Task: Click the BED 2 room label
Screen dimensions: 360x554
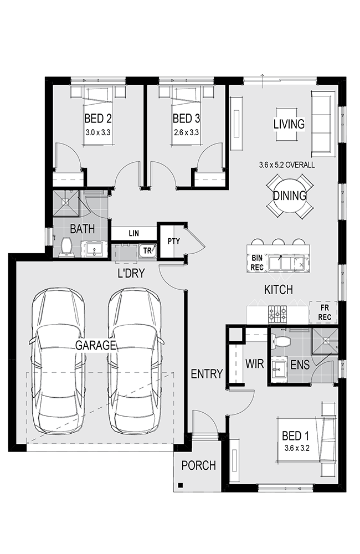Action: coord(98,118)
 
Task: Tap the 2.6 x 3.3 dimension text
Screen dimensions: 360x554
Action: coord(186,133)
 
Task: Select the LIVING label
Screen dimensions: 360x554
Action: coord(289,124)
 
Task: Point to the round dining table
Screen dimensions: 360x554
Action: coord(290,196)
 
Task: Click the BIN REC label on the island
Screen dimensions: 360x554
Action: coord(257,263)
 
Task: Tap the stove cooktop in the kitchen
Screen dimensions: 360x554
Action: coord(277,314)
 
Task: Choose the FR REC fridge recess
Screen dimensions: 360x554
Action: coord(325,312)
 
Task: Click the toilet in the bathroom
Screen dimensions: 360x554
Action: coord(66,247)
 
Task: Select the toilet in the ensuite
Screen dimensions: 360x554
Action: coord(281,341)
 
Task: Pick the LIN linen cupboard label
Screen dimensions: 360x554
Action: coord(134,233)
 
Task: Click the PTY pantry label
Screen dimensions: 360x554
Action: coord(173,242)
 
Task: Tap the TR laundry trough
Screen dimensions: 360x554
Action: coord(147,250)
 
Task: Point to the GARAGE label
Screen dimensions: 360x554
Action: coord(95,345)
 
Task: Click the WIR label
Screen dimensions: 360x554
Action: coord(254,363)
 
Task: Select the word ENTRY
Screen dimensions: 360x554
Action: coord(207,374)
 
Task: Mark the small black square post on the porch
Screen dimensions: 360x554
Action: coord(181,485)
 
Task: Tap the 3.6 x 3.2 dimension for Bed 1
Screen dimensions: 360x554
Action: coord(297,448)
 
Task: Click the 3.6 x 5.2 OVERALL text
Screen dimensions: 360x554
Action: coord(287,165)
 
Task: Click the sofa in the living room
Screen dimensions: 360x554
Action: coord(322,124)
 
